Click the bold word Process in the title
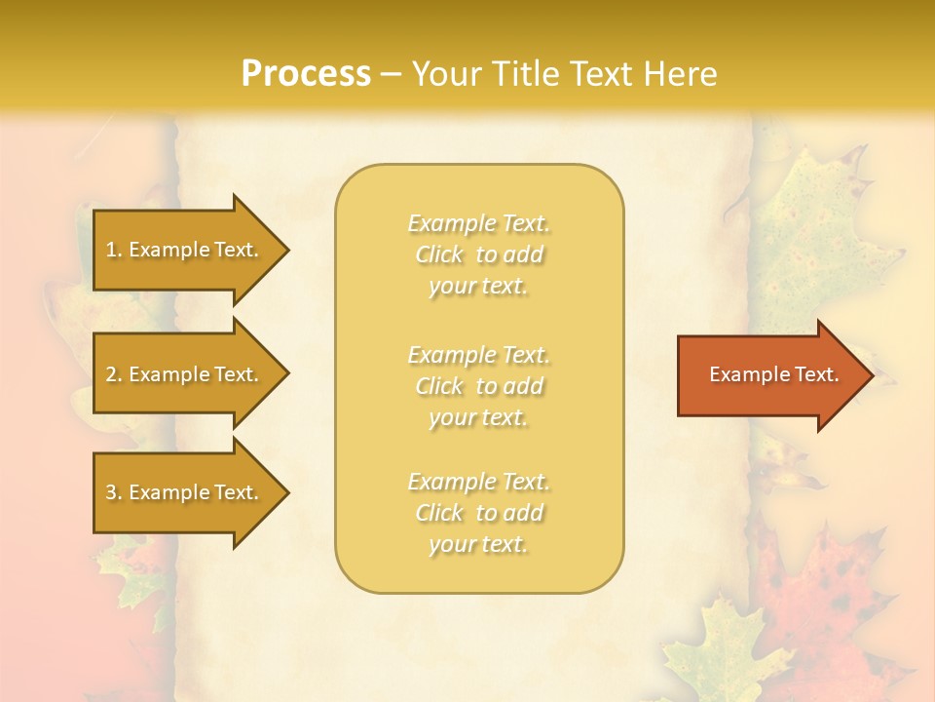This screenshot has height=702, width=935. [306, 74]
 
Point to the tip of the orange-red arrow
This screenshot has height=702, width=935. [869, 375]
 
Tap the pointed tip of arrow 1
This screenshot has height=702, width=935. [285, 250]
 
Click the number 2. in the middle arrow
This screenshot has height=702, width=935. [114, 374]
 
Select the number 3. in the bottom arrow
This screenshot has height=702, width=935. [114, 492]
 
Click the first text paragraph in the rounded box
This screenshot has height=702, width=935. [478, 254]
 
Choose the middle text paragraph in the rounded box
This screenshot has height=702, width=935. [478, 386]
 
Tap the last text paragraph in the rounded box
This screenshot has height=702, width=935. [478, 513]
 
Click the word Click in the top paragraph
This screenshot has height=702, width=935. [439, 254]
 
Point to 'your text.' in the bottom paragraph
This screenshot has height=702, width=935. [478, 544]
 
